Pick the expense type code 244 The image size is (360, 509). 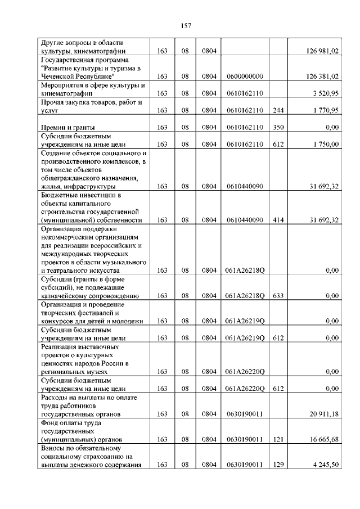pos(278,110)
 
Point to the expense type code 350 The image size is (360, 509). pos(278,127)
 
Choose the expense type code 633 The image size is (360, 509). pos(278,295)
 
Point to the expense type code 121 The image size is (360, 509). pos(278,439)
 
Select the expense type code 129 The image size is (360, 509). pos(278,465)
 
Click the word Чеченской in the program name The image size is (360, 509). pos(58,76)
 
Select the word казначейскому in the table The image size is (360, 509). pos(65,295)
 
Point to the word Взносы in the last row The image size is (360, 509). pos(53,448)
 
